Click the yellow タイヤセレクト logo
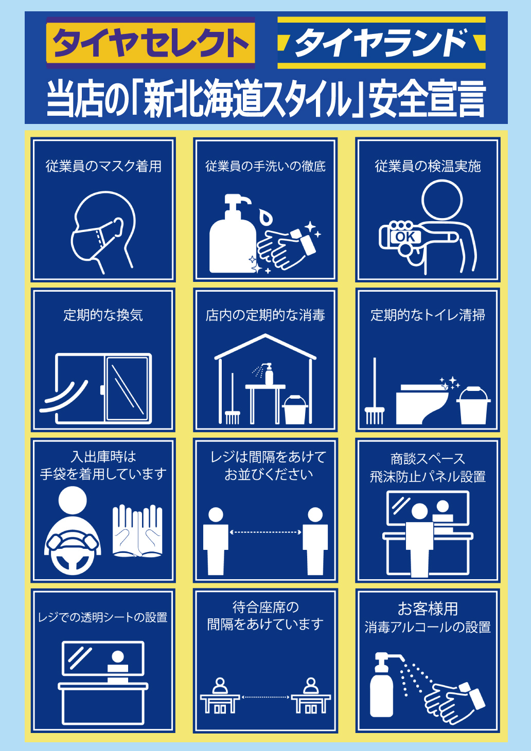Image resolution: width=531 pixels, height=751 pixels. (151, 43)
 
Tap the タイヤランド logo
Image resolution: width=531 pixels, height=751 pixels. (381, 43)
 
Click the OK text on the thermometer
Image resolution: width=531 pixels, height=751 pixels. (405, 237)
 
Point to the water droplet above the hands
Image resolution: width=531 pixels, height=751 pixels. (265, 216)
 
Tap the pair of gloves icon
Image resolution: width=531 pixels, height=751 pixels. (137, 531)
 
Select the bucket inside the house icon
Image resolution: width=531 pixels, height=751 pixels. (295, 409)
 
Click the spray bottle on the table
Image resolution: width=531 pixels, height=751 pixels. (268, 373)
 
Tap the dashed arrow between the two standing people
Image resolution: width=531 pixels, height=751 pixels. (265, 532)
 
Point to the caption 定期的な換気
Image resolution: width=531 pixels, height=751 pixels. (103, 315)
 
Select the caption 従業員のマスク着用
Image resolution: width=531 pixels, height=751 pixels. (103, 166)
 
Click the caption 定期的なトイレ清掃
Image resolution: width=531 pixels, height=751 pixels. (428, 315)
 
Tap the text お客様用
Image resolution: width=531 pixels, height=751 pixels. (428, 609)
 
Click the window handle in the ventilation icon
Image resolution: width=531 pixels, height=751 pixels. (102, 390)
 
